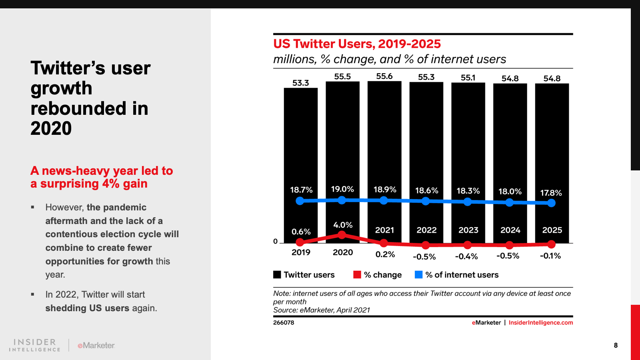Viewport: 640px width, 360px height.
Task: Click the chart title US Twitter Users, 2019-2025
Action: coord(357,44)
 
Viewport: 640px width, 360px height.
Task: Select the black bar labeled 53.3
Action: coord(301,160)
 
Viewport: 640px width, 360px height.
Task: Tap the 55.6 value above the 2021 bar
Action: coord(384,76)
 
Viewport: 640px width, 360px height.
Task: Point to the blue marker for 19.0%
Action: coord(342,200)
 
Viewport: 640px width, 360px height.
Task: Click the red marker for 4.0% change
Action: coord(342,235)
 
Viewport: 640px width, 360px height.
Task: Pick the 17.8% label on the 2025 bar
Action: coord(551,193)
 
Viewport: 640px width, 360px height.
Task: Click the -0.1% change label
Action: coord(550,256)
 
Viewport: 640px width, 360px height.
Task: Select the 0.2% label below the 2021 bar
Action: coord(385,254)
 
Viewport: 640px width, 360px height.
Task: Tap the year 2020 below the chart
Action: coord(343,252)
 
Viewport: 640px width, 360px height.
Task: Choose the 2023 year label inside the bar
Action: coord(468,230)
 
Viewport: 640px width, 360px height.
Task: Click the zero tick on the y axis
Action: coord(275,241)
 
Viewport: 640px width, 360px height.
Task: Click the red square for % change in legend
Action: coord(357,274)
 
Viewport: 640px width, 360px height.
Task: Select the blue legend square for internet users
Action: coord(419,274)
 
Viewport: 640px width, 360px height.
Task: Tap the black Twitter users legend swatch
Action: coord(277,274)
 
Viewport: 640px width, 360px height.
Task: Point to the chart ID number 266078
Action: coord(284,322)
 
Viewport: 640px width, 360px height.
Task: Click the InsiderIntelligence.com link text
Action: coord(540,322)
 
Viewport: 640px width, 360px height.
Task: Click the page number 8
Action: coord(616,345)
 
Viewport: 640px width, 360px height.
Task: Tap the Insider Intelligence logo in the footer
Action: coord(35,345)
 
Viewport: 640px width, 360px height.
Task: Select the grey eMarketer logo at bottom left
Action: coord(96,345)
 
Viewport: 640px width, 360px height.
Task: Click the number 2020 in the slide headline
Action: coord(51,128)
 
